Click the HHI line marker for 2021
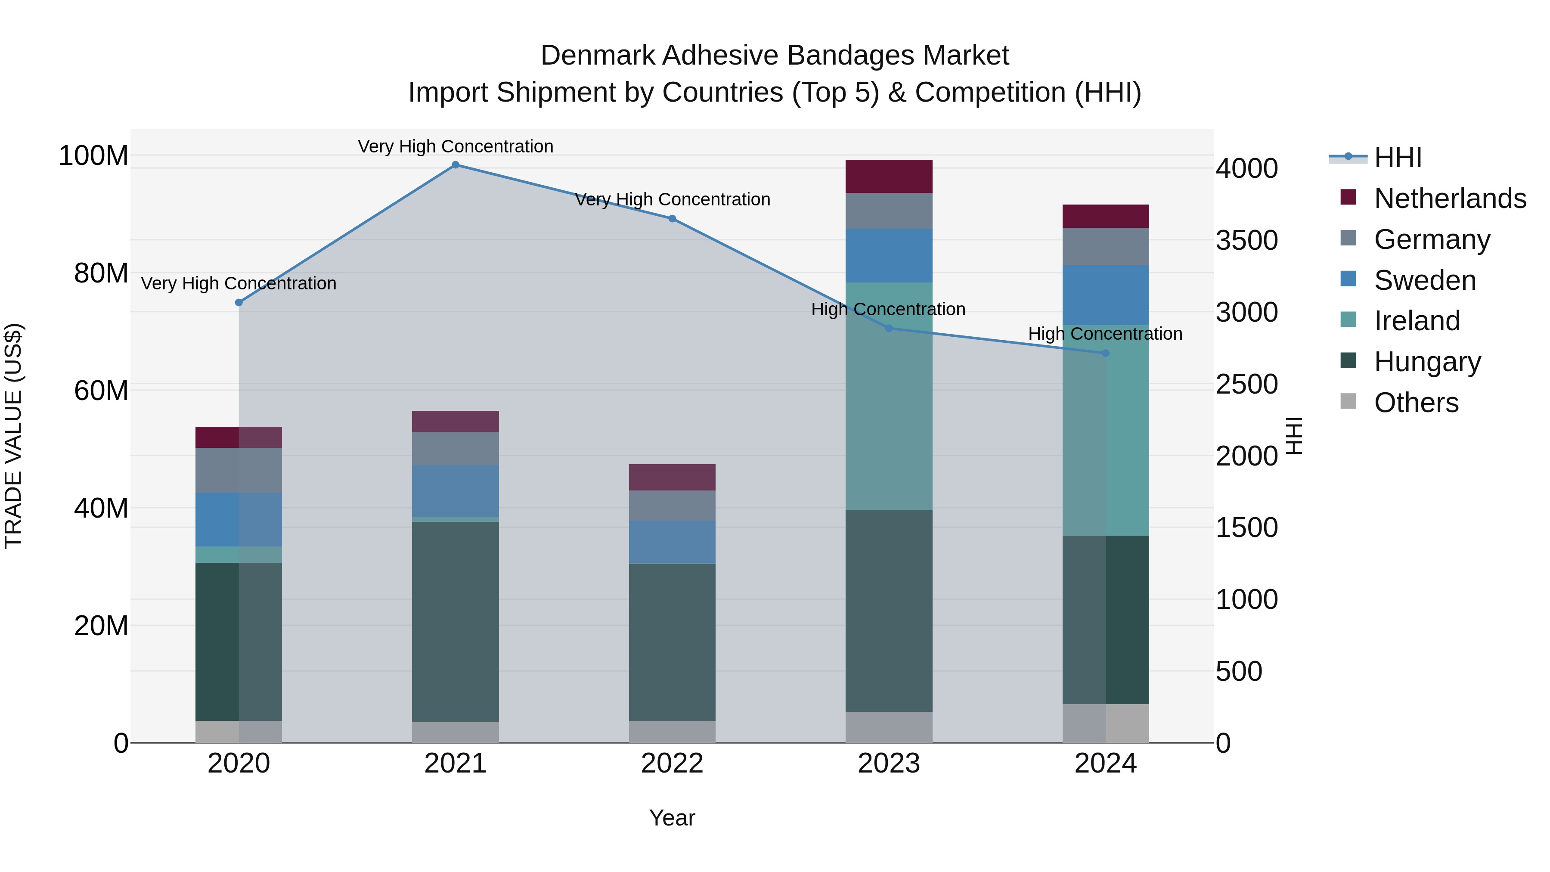(x=456, y=165)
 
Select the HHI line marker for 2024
(x=1105, y=353)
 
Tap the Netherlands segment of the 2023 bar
(x=889, y=176)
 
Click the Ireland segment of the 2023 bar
(x=889, y=397)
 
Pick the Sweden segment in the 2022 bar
(x=672, y=542)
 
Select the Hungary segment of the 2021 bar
(x=456, y=620)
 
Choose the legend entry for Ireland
(x=1417, y=321)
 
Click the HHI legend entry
(x=1397, y=158)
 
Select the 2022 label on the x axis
(x=672, y=763)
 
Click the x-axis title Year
(x=672, y=818)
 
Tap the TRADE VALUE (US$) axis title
(x=13, y=436)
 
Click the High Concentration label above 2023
(x=888, y=309)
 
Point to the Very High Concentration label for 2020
(x=239, y=283)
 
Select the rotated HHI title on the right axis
(x=1294, y=436)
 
